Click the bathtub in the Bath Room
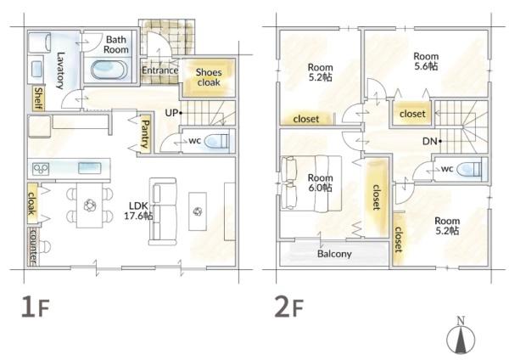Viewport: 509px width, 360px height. click(109, 70)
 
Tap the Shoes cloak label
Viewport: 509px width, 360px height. click(209, 77)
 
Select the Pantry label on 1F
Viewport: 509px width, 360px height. click(145, 134)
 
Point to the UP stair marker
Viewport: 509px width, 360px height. click(173, 113)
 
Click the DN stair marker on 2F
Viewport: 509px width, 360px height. click(432, 141)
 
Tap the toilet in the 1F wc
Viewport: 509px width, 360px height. click(216, 141)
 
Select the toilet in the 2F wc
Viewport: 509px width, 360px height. click(469, 169)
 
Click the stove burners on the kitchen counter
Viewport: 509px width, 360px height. click(41, 169)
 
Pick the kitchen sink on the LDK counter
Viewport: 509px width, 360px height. click(90, 168)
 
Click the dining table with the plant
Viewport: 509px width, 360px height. click(90, 205)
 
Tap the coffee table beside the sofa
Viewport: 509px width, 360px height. click(198, 211)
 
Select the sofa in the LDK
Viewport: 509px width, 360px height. click(163, 211)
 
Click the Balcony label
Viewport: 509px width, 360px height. click(334, 254)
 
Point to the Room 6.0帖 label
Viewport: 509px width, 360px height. click(320, 183)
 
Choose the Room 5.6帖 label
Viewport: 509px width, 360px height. click(426, 61)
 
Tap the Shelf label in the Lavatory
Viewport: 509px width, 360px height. click(38, 98)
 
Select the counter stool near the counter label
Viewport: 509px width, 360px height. click(46, 246)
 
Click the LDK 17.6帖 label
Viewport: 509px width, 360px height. click(138, 211)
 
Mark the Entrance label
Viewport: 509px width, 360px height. click(160, 70)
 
